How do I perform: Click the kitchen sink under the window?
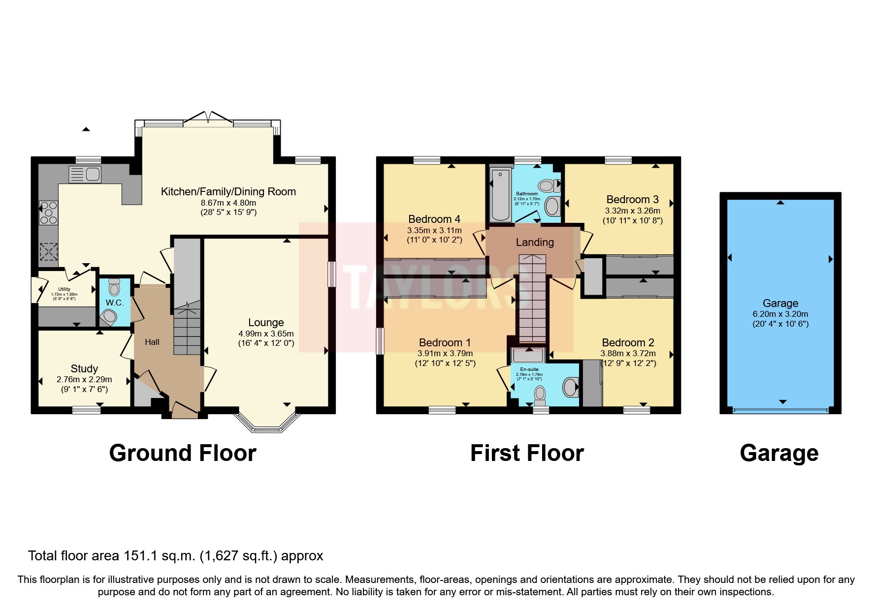(x=86, y=174)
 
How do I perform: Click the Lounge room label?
(x=266, y=323)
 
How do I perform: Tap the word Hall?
(x=152, y=342)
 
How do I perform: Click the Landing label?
(x=535, y=242)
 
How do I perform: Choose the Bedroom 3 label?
(x=632, y=199)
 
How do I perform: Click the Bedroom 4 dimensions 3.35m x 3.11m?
(x=434, y=230)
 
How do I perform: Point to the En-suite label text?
(x=529, y=369)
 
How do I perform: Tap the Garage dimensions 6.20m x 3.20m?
(x=780, y=314)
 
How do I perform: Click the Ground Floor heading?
(x=183, y=453)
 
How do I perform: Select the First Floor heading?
(x=527, y=453)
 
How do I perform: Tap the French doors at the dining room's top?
(x=209, y=120)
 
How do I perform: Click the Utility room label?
(x=64, y=289)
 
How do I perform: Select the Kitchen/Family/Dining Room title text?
(x=228, y=192)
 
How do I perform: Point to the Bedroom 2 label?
(x=628, y=342)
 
